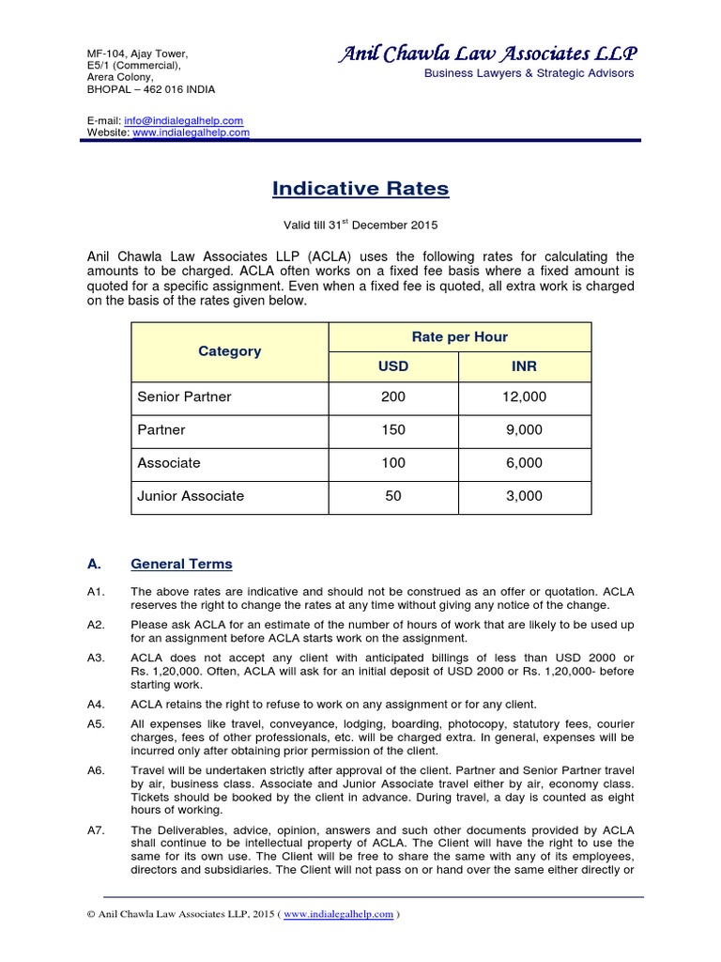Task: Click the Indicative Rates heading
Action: (x=360, y=189)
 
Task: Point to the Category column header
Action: (x=229, y=351)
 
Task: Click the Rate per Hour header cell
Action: (x=459, y=337)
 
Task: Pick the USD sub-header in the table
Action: (x=393, y=365)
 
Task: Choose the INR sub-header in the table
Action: (x=525, y=365)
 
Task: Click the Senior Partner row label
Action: (x=184, y=396)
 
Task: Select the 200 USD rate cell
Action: (x=393, y=396)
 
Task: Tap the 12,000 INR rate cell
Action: (x=525, y=396)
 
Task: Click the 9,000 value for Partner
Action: (x=525, y=429)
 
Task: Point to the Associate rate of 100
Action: (x=393, y=462)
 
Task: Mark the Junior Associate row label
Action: (x=191, y=495)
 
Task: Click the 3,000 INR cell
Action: (x=525, y=495)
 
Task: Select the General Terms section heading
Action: (x=181, y=565)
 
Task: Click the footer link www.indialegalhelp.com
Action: (x=338, y=915)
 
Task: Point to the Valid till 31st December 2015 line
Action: (x=360, y=225)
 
